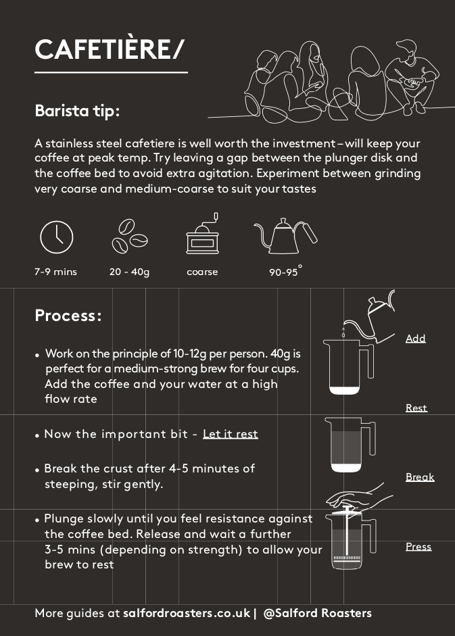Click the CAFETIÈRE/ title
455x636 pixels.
[110, 49]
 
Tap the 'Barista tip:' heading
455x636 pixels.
[77, 111]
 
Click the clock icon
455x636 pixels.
[57, 237]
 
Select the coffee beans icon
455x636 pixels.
[130, 237]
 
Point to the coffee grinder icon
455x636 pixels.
[203, 234]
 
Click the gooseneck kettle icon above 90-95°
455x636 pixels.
[286, 236]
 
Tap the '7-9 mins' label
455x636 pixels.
[55, 272]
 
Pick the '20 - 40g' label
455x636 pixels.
[130, 272]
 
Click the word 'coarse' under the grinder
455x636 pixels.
[202, 272]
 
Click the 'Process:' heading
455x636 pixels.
[68, 316]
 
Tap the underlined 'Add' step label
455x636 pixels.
[416, 339]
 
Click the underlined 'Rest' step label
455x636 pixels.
[416, 408]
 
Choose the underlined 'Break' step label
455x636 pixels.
[420, 477]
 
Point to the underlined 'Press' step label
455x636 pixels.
[418, 546]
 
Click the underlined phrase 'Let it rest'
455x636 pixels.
[231, 434]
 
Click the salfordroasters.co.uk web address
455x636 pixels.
[187, 613]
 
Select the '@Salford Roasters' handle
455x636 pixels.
[317, 613]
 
